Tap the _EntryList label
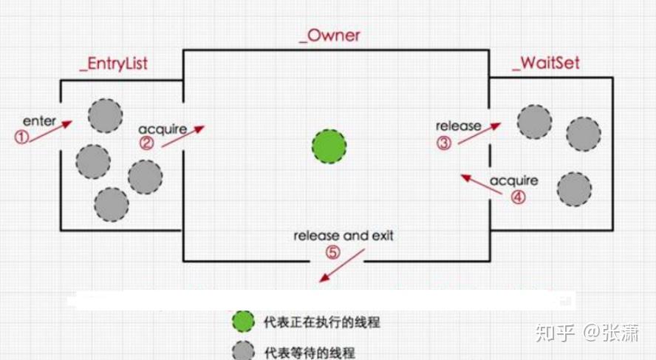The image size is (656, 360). tap(113, 64)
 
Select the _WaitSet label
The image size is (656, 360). tap(545, 63)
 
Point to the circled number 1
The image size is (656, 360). tap(24, 137)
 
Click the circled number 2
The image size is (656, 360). tap(147, 143)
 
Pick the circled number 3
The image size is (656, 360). tap(443, 143)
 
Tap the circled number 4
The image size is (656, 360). tap(518, 197)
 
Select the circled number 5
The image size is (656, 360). tap(332, 252)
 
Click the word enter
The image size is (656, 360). tap(39, 120)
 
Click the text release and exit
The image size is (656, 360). tap(344, 236)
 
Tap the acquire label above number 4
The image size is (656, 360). tap(513, 180)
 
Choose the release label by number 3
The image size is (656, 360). tap(458, 126)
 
